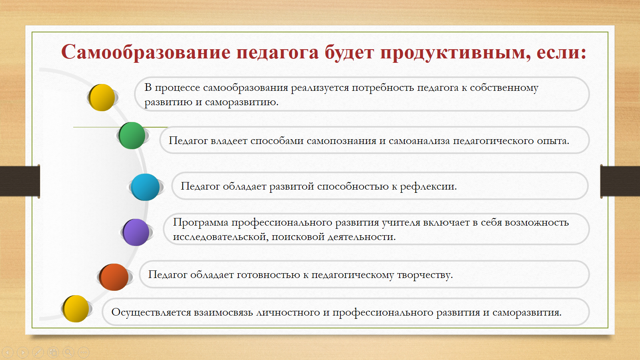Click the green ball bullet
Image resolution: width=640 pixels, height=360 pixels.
132,136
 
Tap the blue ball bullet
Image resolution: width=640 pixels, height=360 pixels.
145,187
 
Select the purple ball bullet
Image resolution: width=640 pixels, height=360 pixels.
136,232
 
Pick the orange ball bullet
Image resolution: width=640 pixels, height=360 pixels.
114,277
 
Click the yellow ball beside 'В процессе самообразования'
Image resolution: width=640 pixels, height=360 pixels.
102,98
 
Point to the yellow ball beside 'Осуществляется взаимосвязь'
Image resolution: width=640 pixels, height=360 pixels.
76,308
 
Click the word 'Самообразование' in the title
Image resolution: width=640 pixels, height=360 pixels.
146,52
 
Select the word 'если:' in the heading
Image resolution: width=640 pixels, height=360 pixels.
562,52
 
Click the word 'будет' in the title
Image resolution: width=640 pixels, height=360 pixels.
349,52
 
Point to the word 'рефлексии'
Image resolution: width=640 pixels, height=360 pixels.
428,186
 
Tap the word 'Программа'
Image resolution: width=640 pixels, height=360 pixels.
200,223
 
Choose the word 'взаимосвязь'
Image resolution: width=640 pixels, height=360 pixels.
224,312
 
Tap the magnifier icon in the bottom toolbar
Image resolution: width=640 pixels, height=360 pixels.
68,352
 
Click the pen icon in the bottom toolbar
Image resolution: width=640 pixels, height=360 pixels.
38,352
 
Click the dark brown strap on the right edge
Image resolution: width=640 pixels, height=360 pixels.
620,181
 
